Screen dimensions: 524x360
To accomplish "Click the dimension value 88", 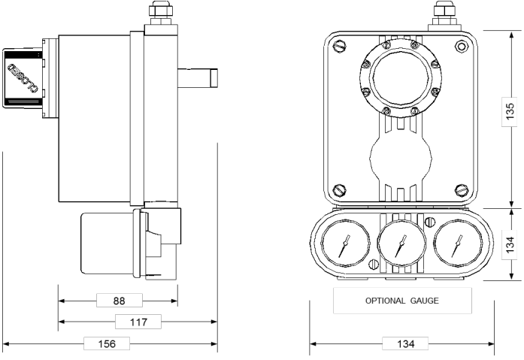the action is pyautogui.click(x=119, y=301).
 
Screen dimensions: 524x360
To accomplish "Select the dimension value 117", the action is pyautogui.click(x=138, y=322).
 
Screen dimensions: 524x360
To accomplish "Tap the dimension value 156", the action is pyautogui.click(x=107, y=343).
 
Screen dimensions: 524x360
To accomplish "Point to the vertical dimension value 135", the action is pyautogui.click(x=510, y=111).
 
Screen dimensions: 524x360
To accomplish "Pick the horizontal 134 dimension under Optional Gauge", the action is pyautogui.click(x=405, y=343).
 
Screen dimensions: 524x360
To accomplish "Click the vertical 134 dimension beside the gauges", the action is pyautogui.click(x=510, y=245).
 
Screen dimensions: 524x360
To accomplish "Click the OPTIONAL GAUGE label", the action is pyautogui.click(x=402, y=301).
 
